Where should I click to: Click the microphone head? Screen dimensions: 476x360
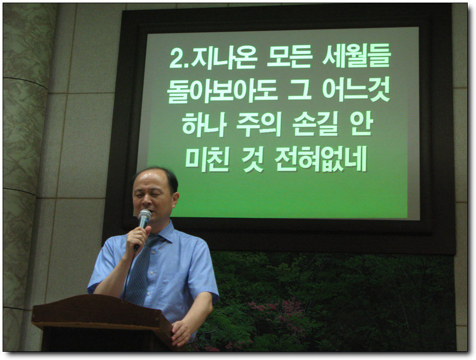[144, 216]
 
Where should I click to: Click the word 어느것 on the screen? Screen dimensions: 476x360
[356, 91]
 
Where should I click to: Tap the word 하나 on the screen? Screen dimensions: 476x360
[204, 125]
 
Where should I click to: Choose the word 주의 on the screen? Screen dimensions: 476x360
[259, 125]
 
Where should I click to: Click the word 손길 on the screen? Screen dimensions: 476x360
[315, 125]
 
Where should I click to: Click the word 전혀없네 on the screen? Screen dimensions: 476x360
[321, 159]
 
